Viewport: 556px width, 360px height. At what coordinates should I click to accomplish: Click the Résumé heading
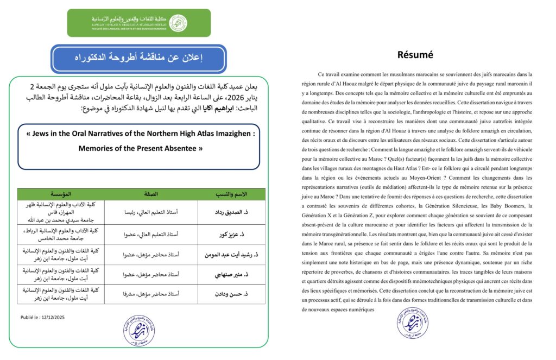(x=415, y=55)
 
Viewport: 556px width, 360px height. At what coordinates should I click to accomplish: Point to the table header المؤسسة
(x=61, y=194)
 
